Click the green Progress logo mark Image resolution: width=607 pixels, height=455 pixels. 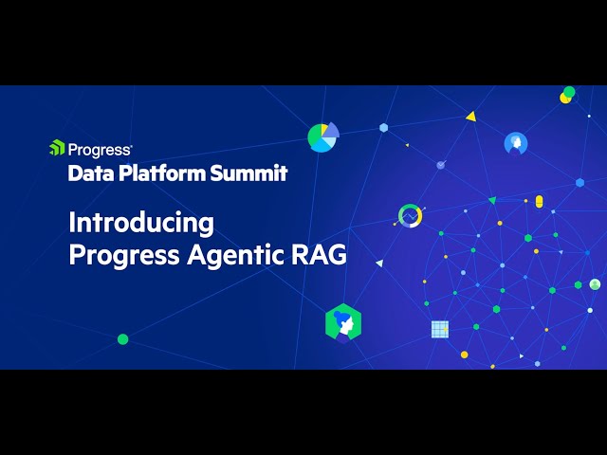(x=57, y=148)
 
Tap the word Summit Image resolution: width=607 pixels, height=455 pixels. (x=254, y=173)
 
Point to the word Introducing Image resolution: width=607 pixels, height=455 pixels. (x=140, y=224)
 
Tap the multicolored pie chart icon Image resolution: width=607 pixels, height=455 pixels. (x=322, y=137)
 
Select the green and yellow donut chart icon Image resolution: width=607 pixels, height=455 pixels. (x=410, y=215)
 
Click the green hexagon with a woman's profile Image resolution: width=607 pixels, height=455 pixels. (x=342, y=322)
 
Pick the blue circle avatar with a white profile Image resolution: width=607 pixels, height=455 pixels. (x=516, y=143)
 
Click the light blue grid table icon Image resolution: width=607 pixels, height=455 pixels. (x=440, y=329)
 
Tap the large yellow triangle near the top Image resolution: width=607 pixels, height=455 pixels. (x=470, y=117)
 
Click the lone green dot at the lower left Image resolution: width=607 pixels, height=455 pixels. (x=122, y=338)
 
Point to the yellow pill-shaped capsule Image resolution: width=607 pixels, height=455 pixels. (x=539, y=201)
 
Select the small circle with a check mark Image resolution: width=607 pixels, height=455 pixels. (x=441, y=165)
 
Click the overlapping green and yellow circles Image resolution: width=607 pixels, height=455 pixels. (x=567, y=95)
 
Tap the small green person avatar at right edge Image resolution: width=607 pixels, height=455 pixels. (x=595, y=284)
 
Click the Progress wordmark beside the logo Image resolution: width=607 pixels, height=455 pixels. (x=101, y=149)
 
